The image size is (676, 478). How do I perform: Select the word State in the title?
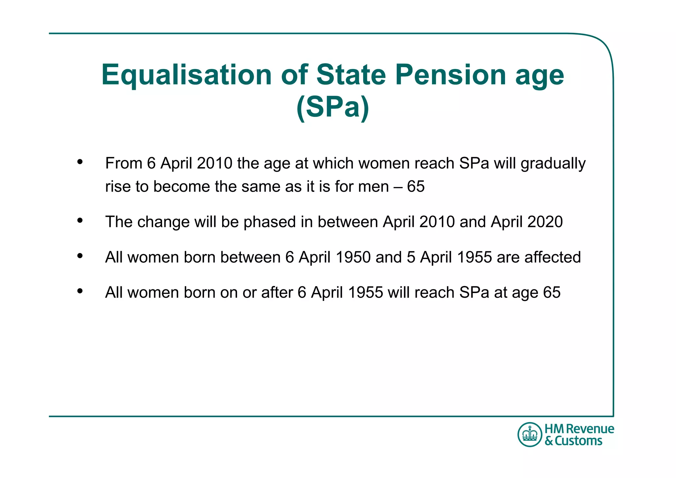351,75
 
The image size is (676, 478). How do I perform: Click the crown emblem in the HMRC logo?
530,434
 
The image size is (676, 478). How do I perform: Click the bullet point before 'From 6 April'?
80,162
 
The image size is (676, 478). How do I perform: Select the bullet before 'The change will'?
80,220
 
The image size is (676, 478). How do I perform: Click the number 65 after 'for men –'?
416,187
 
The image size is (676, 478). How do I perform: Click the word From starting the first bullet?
123,163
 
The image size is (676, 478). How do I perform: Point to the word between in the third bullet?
250,257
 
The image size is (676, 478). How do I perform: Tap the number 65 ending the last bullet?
552,293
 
